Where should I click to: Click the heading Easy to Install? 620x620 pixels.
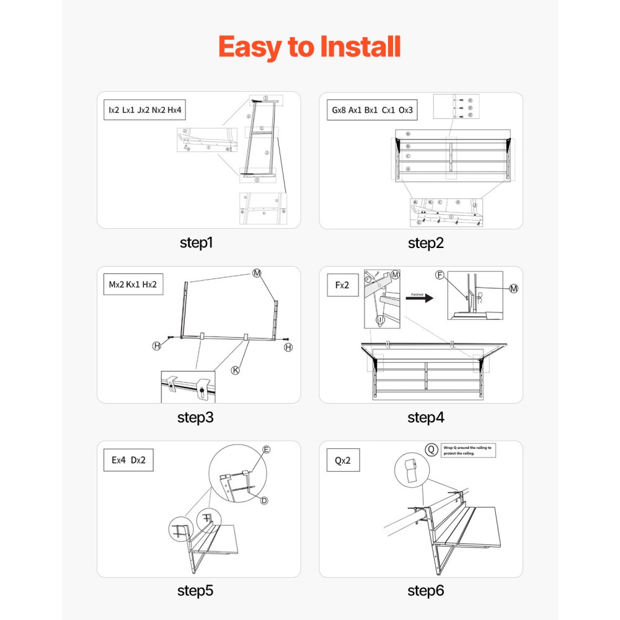(x=309, y=47)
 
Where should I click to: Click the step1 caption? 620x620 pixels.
(x=196, y=243)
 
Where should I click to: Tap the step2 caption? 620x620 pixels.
(x=425, y=243)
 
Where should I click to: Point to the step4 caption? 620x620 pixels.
(x=425, y=417)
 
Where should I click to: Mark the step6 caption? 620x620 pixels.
(x=425, y=591)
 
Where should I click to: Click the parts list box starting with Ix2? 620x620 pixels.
(x=144, y=110)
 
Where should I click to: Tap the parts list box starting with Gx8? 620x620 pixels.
(x=372, y=110)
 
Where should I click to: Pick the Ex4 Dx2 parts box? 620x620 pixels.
(x=128, y=461)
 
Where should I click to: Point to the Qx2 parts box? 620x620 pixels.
(x=343, y=461)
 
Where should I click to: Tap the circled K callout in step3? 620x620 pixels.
(x=236, y=370)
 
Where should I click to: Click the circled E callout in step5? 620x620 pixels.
(x=267, y=449)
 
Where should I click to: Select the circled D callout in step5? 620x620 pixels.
(x=263, y=500)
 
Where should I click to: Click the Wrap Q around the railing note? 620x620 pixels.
(x=468, y=450)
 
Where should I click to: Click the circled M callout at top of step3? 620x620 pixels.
(x=257, y=273)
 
